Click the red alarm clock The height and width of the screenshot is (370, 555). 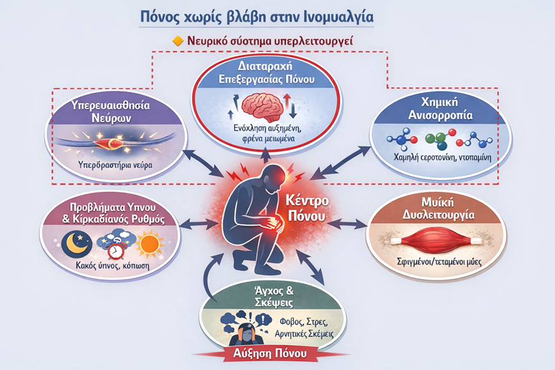click(115, 250)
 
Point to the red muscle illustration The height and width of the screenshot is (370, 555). click(436, 242)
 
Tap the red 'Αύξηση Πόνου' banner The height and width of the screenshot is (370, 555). click(269, 353)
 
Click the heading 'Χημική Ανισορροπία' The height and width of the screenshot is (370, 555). click(440, 108)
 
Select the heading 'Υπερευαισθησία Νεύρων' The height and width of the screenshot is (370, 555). click(111, 112)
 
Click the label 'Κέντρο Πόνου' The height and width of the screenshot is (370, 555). click(307, 208)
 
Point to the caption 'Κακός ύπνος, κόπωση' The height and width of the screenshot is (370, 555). click(112, 265)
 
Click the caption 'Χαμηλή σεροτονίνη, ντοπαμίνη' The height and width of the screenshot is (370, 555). click(443, 157)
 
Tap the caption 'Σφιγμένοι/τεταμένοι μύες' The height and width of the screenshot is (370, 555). click(439, 262)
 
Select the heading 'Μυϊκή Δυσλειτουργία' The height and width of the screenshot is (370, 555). click(438, 208)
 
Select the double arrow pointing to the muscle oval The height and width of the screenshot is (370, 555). click(348, 224)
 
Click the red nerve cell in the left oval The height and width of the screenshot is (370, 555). click(110, 143)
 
